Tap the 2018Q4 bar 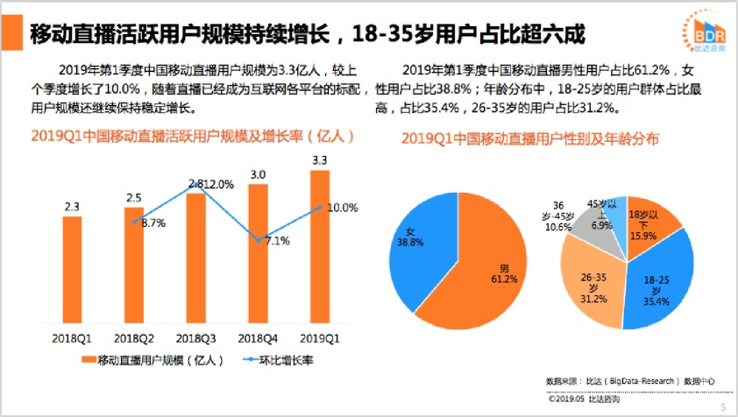258,263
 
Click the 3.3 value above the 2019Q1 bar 320,160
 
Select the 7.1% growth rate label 277,241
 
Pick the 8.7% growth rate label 153,223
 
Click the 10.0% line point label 342,208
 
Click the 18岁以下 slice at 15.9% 649,223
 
